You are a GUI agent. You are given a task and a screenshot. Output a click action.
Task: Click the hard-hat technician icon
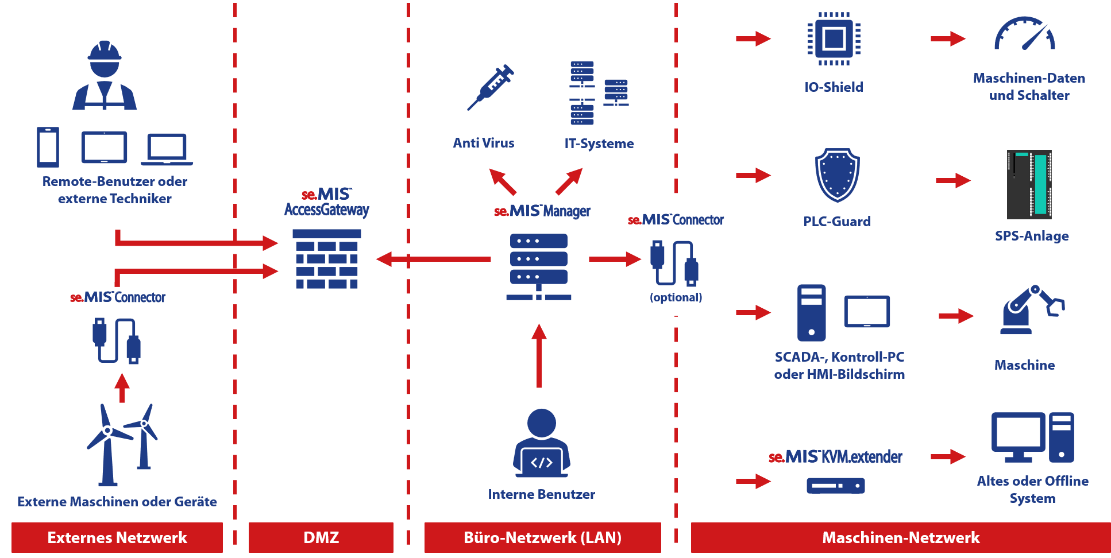(x=105, y=76)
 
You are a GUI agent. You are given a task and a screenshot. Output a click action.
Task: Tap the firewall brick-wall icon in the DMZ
(x=326, y=259)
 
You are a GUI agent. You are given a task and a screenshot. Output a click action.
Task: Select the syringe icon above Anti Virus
(x=491, y=87)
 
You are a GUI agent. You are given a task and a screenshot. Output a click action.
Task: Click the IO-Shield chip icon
(x=834, y=39)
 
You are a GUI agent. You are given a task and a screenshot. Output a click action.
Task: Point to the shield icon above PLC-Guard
(x=837, y=175)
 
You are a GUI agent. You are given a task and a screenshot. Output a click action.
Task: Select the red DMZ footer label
(x=321, y=537)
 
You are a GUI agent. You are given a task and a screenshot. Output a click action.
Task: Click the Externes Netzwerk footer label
(x=117, y=537)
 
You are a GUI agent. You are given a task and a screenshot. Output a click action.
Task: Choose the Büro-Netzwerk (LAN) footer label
(x=542, y=537)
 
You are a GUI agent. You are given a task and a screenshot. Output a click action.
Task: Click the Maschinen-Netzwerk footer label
(x=900, y=537)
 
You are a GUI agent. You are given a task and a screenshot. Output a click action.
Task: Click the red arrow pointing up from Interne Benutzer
(x=539, y=356)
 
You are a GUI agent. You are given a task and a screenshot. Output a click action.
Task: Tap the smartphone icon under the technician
(x=48, y=147)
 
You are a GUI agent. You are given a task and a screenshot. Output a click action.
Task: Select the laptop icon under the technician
(x=167, y=149)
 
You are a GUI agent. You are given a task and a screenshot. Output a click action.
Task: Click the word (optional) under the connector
(x=676, y=297)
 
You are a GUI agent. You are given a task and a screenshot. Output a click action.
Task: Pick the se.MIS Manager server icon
(x=539, y=266)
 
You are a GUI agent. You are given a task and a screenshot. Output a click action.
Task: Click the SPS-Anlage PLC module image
(x=1029, y=184)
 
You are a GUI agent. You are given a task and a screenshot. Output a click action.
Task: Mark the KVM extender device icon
(x=835, y=486)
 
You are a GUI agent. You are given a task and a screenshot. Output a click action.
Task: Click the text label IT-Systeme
(x=599, y=144)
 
